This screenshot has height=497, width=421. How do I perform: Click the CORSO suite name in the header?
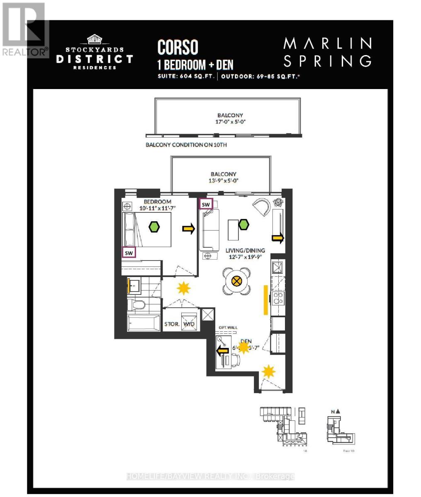point(178,48)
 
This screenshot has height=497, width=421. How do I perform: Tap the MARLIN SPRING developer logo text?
point(327,52)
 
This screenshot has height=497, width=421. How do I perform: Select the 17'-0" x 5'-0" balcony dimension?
point(230,122)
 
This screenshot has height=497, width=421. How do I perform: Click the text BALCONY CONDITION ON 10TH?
point(186,145)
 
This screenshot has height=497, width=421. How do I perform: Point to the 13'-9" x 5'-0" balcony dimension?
point(223,181)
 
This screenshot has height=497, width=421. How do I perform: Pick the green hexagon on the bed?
point(155,227)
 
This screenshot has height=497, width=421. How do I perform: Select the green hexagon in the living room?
point(243,225)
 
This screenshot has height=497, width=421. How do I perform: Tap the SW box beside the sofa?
point(206,204)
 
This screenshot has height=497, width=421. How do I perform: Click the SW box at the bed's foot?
point(129,252)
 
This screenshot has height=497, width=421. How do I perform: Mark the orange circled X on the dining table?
point(237,281)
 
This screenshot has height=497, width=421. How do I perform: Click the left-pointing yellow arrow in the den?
point(222,351)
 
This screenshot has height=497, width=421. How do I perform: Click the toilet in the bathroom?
point(136,305)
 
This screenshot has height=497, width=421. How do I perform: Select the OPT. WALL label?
point(228,328)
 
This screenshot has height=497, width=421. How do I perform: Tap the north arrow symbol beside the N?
point(338,411)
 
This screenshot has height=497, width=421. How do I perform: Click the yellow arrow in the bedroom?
point(189,229)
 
